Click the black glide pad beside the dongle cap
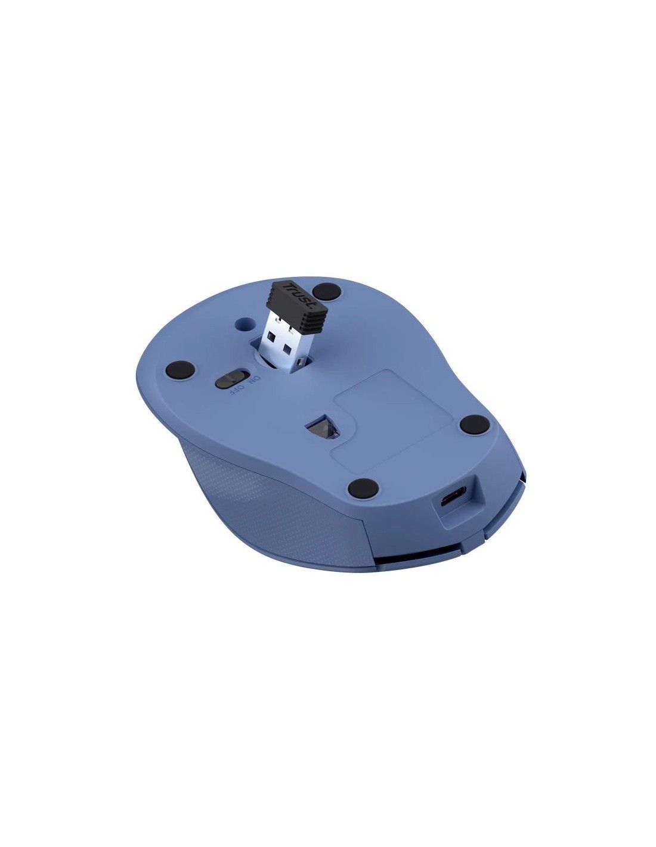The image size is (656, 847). point(327,291)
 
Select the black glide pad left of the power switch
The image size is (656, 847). point(180,368)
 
